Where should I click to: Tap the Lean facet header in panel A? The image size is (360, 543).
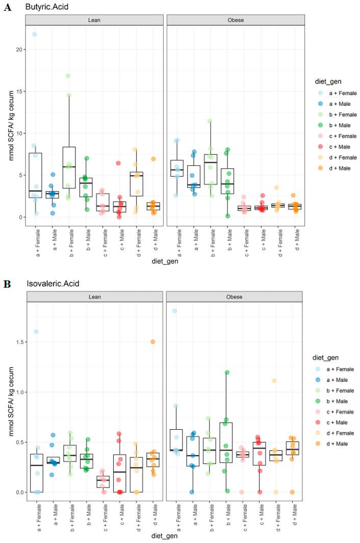[95, 20]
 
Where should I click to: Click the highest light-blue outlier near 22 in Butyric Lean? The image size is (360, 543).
[35, 34]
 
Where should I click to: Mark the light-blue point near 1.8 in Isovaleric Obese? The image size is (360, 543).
[174, 311]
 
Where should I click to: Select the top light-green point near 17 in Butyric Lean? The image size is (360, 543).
[68, 76]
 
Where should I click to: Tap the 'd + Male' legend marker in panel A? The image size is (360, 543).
[317, 168]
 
